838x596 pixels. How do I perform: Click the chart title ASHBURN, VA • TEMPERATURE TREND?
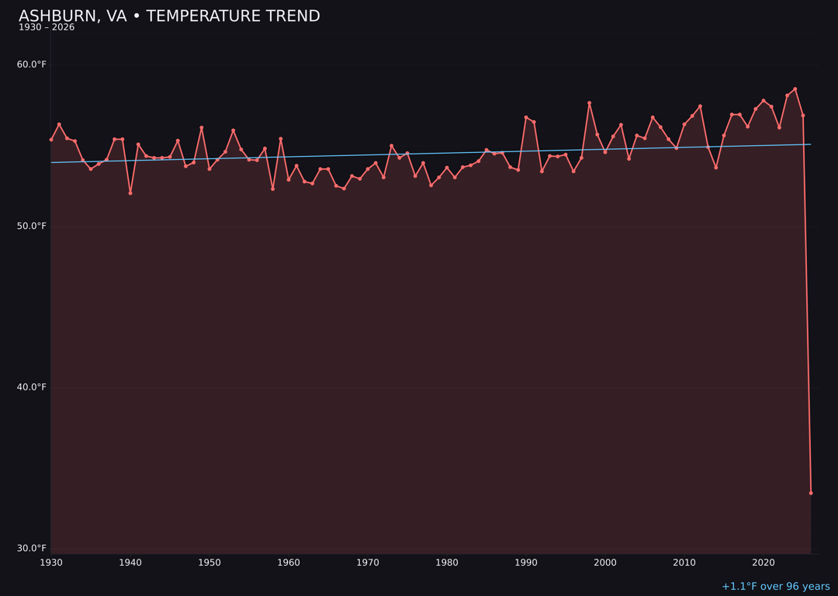click(169, 16)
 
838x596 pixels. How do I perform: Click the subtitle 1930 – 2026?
click(47, 28)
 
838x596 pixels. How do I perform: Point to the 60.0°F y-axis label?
click(32, 64)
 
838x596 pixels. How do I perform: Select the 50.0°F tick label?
click(32, 226)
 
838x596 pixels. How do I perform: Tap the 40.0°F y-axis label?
click(32, 387)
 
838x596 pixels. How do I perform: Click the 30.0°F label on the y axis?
click(32, 549)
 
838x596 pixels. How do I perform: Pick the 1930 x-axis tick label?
click(51, 563)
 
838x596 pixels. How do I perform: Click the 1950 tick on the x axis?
click(209, 563)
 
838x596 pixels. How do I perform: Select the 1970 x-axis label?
click(368, 563)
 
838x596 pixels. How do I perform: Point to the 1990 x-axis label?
click(526, 563)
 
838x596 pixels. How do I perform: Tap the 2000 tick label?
click(605, 563)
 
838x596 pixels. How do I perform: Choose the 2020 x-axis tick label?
click(764, 563)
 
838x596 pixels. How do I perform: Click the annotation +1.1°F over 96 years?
click(775, 587)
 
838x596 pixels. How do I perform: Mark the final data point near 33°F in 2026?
click(811, 493)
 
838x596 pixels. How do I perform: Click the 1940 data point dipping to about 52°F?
click(130, 192)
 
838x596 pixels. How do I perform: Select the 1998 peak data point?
click(589, 103)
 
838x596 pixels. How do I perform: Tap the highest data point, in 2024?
click(795, 89)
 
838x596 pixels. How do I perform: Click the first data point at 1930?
click(51, 140)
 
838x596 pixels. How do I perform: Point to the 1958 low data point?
click(272, 189)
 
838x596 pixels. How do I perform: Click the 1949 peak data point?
click(202, 128)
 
